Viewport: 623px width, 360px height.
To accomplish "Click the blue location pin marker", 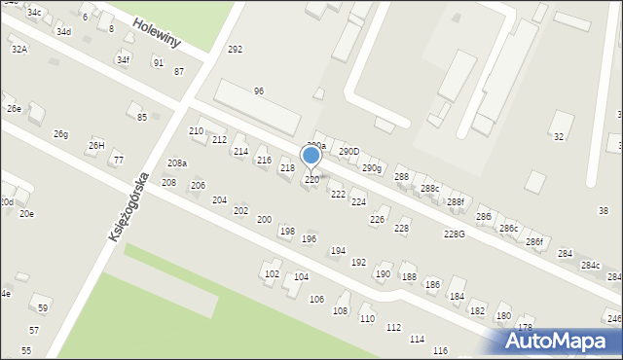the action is [x=311, y=156].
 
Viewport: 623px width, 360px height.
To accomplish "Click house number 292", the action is [x=235, y=50].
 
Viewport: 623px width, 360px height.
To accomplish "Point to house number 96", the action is [x=259, y=91].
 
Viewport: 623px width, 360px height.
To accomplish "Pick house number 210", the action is [x=196, y=131].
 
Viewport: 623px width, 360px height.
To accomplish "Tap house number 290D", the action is [x=348, y=152].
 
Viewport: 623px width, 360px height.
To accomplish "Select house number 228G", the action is [x=454, y=234].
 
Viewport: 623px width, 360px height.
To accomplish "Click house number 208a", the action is [x=176, y=163].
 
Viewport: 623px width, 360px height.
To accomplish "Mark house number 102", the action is [x=272, y=274].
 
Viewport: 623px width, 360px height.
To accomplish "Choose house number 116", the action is [x=440, y=350].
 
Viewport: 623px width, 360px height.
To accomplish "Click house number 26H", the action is [x=96, y=146].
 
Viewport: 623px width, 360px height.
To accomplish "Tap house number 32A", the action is [x=18, y=49].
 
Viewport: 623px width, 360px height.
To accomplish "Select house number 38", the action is [x=603, y=211].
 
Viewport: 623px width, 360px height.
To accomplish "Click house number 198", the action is [x=287, y=232].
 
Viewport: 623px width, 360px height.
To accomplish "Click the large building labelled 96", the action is [x=256, y=107].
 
